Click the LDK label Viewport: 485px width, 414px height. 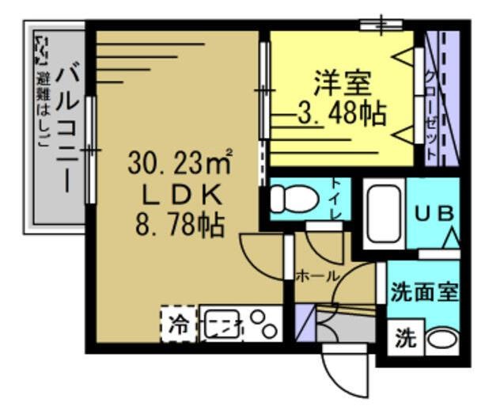pyautogui.click(x=180, y=194)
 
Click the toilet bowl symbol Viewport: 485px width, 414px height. pyautogui.click(x=292, y=199)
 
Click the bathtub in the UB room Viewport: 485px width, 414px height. pyautogui.click(x=383, y=215)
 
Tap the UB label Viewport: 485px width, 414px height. pyautogui.click(x=434, y=214)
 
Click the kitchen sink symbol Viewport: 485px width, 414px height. pyautogui.click(x=221, y=325)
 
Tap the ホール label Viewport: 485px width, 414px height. pyautogui.click(x=316, y=275)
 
